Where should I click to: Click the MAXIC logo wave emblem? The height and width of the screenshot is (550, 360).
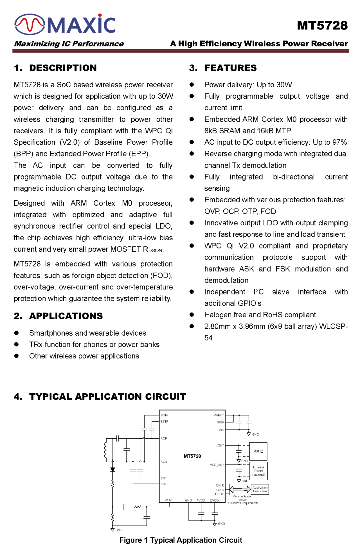30,24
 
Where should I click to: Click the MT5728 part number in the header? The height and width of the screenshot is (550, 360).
322,26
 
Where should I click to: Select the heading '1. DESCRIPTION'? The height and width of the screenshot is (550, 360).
55,68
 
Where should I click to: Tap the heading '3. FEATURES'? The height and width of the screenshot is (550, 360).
223,68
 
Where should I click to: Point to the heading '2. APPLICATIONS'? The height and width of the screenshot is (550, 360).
58,316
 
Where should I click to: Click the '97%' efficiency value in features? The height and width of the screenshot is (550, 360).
339,142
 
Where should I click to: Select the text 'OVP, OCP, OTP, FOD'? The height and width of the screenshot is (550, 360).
240,211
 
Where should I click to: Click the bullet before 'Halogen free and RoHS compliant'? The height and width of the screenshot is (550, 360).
192,315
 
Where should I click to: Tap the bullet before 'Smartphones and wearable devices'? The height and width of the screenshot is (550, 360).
16,333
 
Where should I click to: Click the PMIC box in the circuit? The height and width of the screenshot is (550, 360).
258,451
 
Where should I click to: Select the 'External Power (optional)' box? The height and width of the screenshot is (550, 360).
259,471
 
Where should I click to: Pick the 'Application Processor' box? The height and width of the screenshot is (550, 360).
260,489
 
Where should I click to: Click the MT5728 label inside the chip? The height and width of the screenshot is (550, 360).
192,456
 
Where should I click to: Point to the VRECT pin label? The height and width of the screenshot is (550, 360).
219,415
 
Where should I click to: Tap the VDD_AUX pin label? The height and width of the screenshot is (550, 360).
217,465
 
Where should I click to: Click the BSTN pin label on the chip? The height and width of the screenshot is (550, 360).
164,415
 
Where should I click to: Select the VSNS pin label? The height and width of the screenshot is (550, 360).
169,500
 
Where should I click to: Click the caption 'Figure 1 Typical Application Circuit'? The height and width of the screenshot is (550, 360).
181,540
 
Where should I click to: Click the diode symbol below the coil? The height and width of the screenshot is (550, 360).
113,470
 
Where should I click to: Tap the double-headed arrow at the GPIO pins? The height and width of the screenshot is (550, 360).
240,489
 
